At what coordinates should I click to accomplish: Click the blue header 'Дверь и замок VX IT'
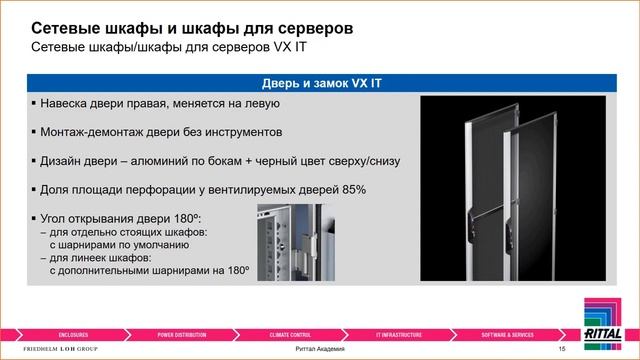pos(319,84)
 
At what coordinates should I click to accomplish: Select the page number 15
pos(562,348)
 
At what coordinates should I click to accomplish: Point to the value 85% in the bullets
pos(354,189)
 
